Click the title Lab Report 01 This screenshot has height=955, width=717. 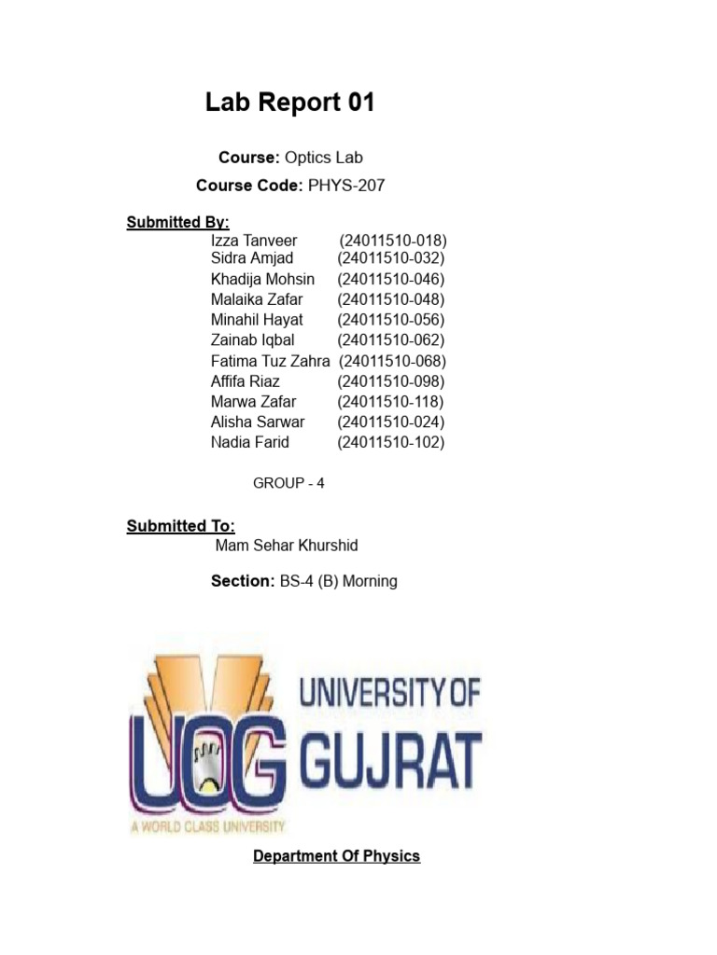point(289,104)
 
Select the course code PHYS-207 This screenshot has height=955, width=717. point(345,186)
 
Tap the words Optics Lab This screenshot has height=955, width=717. point(323,158)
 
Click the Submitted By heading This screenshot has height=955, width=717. point(177,222)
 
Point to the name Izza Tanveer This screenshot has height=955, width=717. point(254,241)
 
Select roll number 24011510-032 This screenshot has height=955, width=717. point(390,258)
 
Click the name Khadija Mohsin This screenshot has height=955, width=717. point(262,279)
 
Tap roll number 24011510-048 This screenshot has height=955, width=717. point(390,299)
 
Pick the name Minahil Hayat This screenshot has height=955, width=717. point(257,320)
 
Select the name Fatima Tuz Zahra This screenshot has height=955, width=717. point(270,361)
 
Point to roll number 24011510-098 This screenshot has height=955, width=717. point(390,381)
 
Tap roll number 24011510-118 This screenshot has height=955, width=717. point(390,402)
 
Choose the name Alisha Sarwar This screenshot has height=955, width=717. point(258,422)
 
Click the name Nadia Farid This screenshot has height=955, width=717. point(250,442)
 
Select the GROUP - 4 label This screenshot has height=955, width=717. point(288,483)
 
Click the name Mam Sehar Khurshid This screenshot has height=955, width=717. point(286,546)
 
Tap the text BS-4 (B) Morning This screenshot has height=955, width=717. point(338,581)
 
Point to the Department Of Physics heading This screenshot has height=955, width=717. point(336,856)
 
